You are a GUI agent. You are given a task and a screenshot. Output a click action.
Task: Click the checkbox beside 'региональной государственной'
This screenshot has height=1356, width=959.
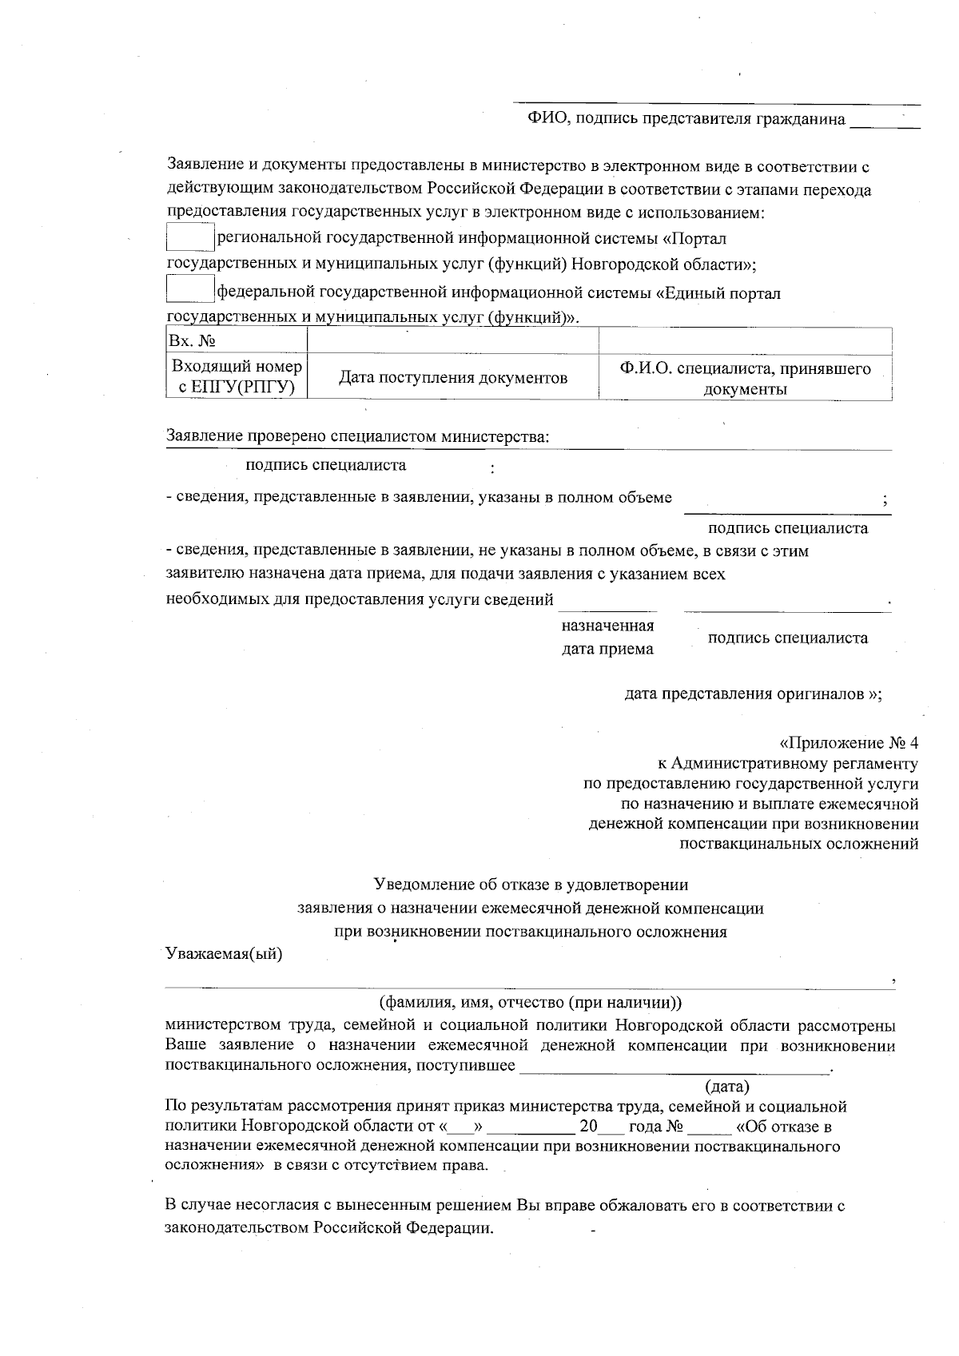pos(189,238)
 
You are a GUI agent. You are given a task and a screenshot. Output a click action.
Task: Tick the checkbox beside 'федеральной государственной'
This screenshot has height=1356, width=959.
pos(189,289)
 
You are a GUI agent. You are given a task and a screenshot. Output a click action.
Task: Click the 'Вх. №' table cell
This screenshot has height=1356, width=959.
pos(237,341)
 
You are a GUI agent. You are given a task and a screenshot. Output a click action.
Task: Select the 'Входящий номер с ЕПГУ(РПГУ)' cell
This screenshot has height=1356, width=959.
pos(237,377)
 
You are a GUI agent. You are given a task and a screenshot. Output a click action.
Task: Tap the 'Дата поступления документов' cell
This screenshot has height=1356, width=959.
pos(453,377)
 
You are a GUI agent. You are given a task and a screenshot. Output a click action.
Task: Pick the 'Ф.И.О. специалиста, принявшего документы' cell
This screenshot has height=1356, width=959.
pos(745,378)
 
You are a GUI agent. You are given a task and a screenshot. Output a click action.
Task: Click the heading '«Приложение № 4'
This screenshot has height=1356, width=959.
pos(849,741)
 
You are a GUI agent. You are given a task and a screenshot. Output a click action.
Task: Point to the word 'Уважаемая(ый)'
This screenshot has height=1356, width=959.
pos(225,955)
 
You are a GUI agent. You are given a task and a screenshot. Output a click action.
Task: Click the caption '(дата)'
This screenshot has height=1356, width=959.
pos(727,1087)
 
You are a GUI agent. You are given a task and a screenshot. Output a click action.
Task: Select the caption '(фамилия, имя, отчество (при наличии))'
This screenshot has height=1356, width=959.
pos(530,1002)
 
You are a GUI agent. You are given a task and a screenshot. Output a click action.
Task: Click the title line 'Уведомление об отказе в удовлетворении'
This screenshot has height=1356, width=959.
pos(531,885)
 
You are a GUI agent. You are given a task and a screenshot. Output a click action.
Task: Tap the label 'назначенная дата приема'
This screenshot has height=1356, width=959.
pos(607,637)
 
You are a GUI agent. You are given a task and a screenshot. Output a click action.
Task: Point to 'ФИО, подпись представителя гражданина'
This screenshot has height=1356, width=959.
pos(686,119)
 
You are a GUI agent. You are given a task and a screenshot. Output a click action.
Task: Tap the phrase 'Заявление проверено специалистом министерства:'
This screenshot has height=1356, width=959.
pos(357,436)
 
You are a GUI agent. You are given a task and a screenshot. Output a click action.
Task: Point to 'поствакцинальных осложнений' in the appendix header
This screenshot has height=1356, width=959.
pos(798,844)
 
